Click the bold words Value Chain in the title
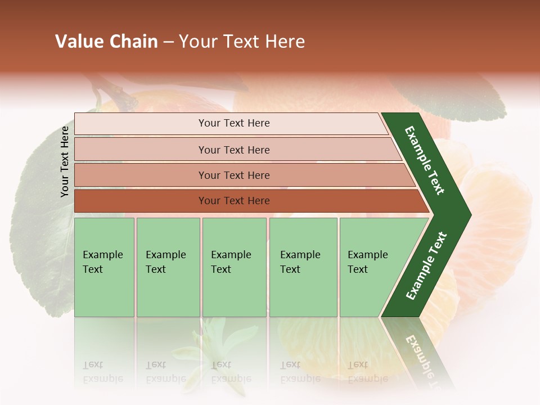pyautogui.click(x=106, y=42)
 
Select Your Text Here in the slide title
pyautogui.click(x=242, y=42)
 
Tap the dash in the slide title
pyautogui.click(x=168, y=42)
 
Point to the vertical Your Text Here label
pyautogui.click(x=65, y=161)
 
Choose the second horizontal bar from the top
pyautogui.click(x=234, y=150)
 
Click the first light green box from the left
pyautogui.click(x=104, y=267)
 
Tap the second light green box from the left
pyautogui.click(x=168, y=267)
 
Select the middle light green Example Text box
pyautogui.click(x=234, y=267)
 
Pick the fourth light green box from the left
pyautogui.click(x=303, y=267)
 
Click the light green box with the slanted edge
pyautogui.click(x=371, y=267)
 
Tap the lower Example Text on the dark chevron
pyautogui.click(x=426, y=266)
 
